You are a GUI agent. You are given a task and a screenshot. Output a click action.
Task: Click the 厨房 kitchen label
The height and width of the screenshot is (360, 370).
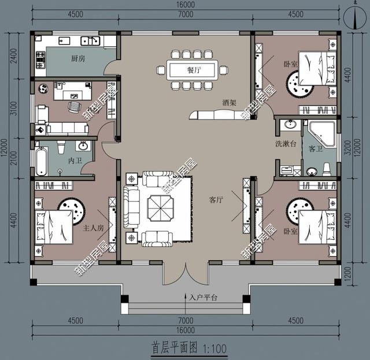[78, 58]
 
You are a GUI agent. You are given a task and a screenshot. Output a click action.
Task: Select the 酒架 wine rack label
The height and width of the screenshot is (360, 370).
[229, 102]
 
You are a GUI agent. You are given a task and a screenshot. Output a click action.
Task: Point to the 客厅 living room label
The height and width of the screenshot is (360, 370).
[216, 200]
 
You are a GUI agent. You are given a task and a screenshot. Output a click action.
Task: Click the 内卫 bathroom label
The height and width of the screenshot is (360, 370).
[75, 159]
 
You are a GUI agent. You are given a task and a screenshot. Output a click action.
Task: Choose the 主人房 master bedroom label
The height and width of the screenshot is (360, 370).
[92, 228]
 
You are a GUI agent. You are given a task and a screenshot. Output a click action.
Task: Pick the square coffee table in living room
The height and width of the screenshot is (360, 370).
[158, 206]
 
